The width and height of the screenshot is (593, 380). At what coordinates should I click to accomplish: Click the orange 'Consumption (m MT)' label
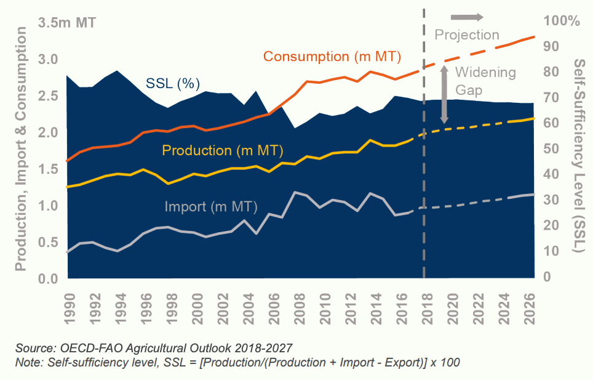332,57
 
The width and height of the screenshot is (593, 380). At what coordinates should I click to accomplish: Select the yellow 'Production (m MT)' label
222,150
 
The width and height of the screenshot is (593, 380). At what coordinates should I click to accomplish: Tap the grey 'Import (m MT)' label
211,206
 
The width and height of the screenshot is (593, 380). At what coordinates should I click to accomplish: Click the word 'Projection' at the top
467,34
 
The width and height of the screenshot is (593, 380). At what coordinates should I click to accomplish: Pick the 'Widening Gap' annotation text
485,81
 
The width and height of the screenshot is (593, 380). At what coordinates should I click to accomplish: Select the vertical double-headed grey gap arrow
444,93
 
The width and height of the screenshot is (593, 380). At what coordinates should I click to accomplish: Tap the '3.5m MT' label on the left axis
67,23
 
